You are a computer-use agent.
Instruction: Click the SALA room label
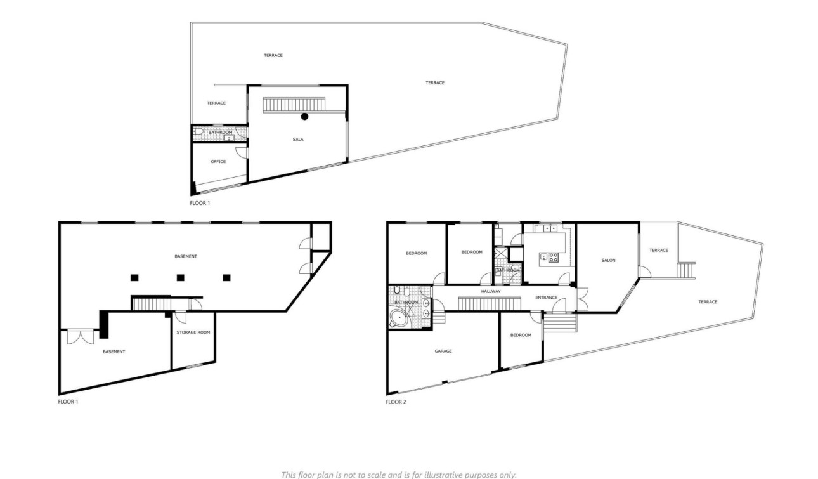pos(298,140)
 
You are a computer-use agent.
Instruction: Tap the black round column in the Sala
pos(305,116)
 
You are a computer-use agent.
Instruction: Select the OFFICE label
pos(218,162)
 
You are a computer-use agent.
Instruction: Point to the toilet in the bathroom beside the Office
pos(198,131)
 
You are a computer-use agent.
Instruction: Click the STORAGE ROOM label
pos(194,332)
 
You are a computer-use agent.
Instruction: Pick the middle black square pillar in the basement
pos(181,277)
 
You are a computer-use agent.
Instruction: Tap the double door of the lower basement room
pos(81,336)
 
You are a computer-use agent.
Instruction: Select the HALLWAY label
pos(491,291)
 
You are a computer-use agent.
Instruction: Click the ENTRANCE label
pos(546,298)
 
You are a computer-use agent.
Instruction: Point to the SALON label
pos(608,260)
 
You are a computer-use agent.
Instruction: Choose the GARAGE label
pos(443,351)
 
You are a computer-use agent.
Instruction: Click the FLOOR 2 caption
pos(396,402)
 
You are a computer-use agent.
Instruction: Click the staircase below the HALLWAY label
pos(489,304)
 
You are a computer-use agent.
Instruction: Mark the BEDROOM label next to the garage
pos(521,335)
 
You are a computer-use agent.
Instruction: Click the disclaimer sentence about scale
pos(399,474)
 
